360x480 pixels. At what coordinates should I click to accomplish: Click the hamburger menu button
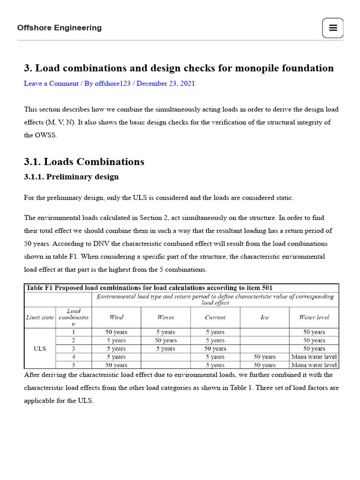333,28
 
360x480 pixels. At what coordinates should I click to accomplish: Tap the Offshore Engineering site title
60,28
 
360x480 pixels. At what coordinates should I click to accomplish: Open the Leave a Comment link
51,83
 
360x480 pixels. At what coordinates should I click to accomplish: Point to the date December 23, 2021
165,83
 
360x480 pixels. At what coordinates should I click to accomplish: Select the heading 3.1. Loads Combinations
84,162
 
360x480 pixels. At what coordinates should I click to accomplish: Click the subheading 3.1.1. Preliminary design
71,177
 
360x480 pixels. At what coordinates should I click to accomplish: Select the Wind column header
116,317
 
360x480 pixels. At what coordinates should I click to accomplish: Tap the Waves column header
165,317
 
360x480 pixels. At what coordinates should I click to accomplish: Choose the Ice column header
264,317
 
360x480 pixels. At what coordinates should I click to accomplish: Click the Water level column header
314,317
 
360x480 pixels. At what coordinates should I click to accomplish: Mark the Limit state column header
39,317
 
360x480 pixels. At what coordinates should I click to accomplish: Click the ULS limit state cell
39,349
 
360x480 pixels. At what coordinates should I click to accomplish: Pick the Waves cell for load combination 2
165,340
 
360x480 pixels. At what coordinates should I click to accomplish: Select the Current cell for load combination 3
215,349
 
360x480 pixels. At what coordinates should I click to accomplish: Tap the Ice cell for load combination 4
264,357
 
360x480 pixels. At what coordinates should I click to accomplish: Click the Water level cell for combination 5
314,365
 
